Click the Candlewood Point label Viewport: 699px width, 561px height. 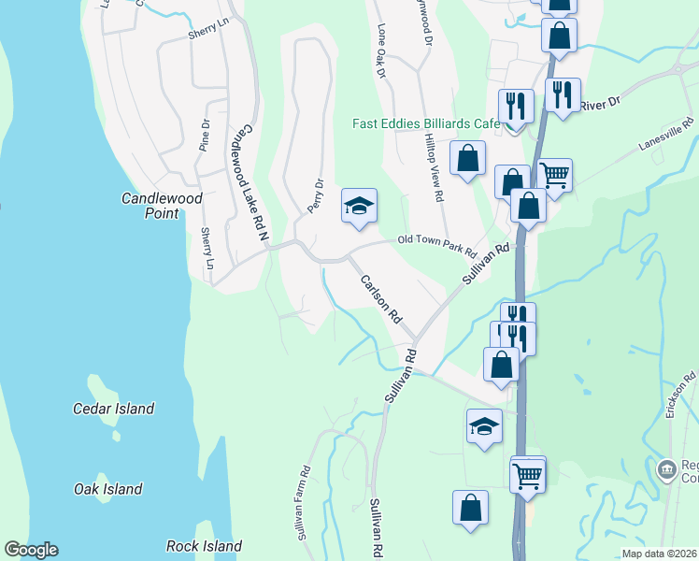(x=150, y=206)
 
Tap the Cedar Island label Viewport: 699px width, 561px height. (x=113, y=409)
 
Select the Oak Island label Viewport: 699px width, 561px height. (x=108, y=489)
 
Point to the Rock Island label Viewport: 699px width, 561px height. (x=204, y=546)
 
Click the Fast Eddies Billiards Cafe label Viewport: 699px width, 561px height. (x=426, y=123)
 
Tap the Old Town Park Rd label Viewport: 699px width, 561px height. (x=437, y=247)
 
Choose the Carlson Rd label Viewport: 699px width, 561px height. (x=381, y=300)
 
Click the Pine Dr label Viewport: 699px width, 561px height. (x=204, y=135)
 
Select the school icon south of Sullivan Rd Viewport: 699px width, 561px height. (x=484, y=426)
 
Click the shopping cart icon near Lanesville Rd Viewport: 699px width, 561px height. (x=555, y=174)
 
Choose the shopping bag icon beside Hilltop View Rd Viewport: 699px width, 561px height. (x=467, y=157)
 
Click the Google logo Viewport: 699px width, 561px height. (x=31, y=550)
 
